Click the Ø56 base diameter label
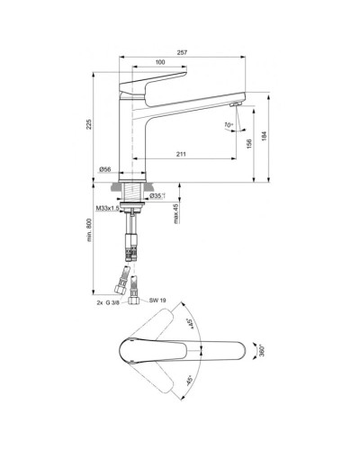tap(104, 169)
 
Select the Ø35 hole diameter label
tap(157, 195)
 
